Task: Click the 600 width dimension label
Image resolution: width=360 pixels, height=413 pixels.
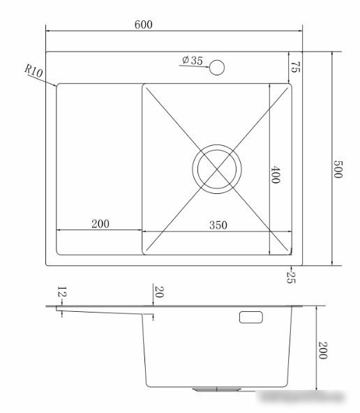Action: point(143,24)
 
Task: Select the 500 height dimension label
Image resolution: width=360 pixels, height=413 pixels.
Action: point(338,169)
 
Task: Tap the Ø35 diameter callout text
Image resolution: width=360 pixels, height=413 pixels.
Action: point(193,60)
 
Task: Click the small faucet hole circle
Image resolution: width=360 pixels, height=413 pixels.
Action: point(217,68)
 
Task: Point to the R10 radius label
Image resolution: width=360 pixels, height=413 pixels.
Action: point(33,70)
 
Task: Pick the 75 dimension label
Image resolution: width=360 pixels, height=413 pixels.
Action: point(295,67)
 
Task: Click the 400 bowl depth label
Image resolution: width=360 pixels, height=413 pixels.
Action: point(275,174)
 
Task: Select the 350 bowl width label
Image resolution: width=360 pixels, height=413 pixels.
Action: point(218,225)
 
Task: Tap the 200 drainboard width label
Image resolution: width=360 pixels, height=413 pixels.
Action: point(100,224)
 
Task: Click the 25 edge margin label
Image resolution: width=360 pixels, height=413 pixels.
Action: point(291,278)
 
